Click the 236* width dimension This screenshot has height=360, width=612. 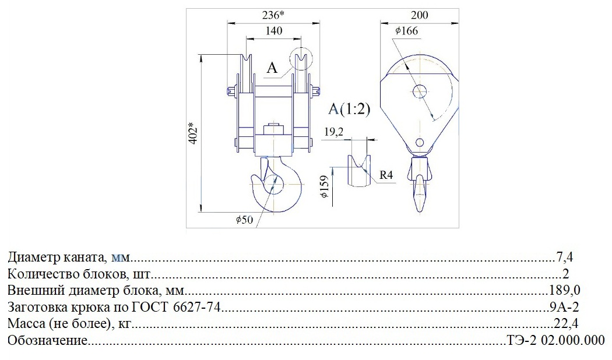click(x=273, y=15)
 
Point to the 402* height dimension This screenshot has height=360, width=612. click(x=194, y=134)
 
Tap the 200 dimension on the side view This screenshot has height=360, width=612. click(x=420, y=15)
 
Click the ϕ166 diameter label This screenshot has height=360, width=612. click(x=406, y=31)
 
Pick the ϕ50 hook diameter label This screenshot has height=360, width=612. click(x=244, y=220)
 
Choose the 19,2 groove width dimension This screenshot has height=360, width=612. click(x=334, y=132)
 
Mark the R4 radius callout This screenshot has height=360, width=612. click(x=386, y=175)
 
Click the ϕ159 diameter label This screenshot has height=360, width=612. click(x=325, y=186)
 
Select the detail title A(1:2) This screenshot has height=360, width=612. click(x=349, y=109)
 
